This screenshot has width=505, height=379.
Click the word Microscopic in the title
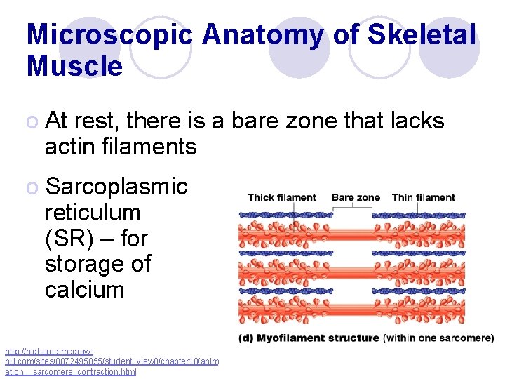point(109,35)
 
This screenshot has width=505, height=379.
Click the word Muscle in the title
point(74,67)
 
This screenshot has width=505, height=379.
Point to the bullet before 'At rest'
point(32,121)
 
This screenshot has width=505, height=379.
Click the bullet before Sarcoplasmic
point(32,187)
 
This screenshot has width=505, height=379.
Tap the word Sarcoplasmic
point(116,187)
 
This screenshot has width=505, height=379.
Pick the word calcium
point(84,290)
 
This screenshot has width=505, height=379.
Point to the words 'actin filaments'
point(121,147)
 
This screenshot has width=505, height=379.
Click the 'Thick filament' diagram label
point(282,197)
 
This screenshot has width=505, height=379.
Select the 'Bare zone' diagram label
point(355,197)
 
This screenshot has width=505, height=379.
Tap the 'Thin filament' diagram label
point(423,197)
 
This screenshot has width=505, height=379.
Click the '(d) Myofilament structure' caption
point(309,338)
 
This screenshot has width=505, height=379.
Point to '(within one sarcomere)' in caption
point(438,338)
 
